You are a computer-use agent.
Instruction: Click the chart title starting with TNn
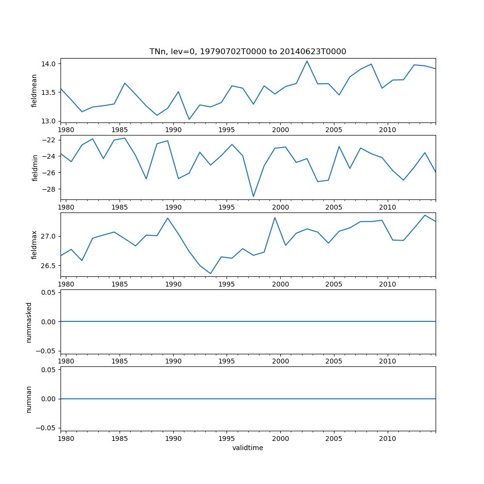(x=248, y=52)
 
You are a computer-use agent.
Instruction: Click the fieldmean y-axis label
(x=34, y=91)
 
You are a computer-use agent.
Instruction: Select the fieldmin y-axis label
(x=34, y=167)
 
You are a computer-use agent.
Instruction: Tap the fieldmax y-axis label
(x=34, y=245)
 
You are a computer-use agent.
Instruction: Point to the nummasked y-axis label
(x=29, y=322)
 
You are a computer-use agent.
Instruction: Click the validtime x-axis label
(x=248, y=448)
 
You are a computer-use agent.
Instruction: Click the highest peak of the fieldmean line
(x=307, y=61)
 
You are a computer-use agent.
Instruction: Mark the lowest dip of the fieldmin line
(x=253, y=197)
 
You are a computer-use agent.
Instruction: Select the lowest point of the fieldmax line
(x=211, y=273)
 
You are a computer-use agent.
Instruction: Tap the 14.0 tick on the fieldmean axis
(x=50, y=64)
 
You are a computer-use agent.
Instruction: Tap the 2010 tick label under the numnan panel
(x=387, y=439)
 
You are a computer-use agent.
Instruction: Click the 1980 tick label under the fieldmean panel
(x=66, y=130)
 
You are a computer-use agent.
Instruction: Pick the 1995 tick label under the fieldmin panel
(x=227, y=208)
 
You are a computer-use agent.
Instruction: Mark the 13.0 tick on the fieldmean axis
(x=50, y=121)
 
